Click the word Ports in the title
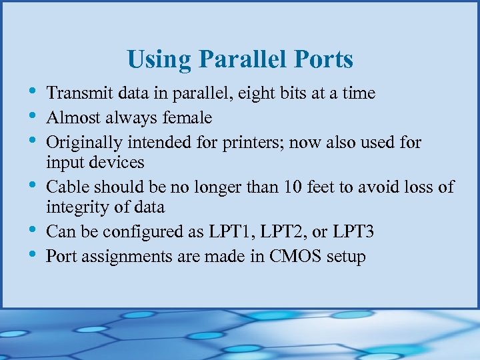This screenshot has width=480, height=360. (x=326, y=60)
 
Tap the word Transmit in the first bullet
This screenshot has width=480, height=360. (x=75, y=93)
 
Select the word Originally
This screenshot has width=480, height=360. (x=81, y=143)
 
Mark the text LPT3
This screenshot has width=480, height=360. (x=352, y=232)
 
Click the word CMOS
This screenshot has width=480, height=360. (x=292, y=257)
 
